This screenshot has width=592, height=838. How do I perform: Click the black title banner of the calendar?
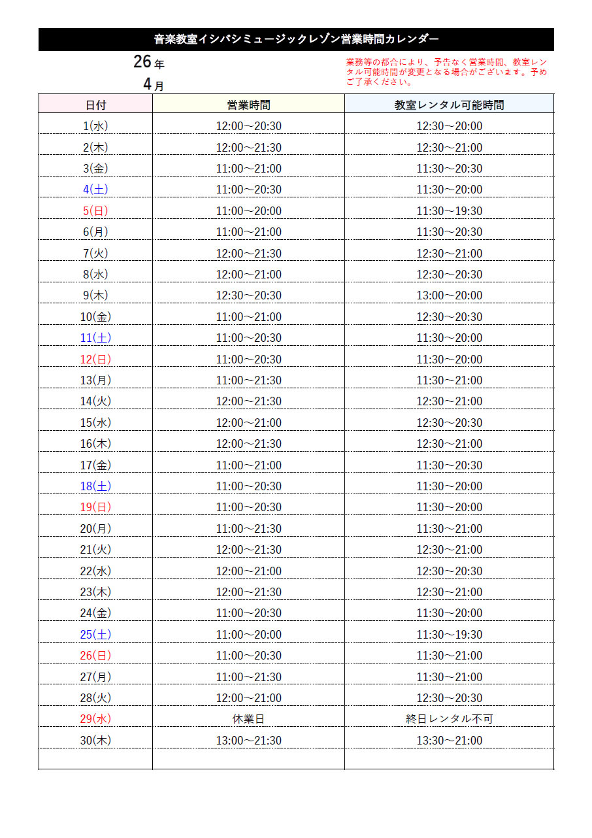[296, 39]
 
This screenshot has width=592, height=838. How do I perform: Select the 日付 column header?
[95, 105]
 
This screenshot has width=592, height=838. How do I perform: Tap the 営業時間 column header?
[248, 105]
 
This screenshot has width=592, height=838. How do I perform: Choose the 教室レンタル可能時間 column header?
[449, 105]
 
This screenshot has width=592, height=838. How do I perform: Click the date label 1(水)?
[95, 126]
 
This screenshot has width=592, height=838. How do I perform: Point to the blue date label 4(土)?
[95, 190]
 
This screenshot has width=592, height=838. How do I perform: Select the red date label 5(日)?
[95, 211]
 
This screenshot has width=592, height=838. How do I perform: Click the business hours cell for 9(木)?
[248, 295]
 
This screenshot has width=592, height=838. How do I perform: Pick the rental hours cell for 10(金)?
[449, 317]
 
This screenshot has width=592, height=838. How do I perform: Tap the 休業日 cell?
[248, 719]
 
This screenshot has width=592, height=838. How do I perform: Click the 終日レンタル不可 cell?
[449, 719]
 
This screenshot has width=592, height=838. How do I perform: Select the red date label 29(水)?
[95, 719]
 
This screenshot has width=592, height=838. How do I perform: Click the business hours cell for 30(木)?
[248, 741]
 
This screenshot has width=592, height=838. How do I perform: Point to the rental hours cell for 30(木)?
[449, 741]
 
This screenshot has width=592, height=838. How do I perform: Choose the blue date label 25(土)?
[95, 635]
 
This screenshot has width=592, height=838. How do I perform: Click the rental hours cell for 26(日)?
[449, 656]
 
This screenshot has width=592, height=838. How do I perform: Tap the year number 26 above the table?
[142, 62]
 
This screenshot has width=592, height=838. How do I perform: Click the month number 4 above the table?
[148, 84]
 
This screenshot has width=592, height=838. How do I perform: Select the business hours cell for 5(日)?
[248, 211]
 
